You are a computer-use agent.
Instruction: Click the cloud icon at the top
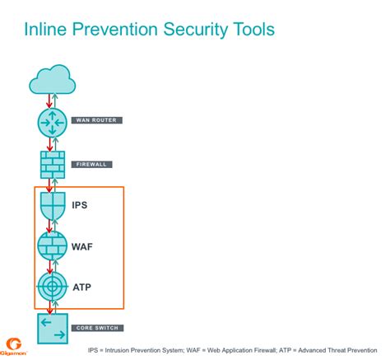pyautogui.click(x=52, y=81)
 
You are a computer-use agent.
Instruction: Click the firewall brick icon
pyautogui.click(x=53, y=165)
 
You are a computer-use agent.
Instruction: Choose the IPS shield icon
pyautogui.click(x=53, y=205)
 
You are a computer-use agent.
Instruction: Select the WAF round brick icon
pyautogui.click(x=53, y=245)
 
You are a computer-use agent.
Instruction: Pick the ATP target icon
pyautogui.click(x=53, y=286)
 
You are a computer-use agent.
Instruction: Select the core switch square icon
pyautogui.click(x=53, y=329)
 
